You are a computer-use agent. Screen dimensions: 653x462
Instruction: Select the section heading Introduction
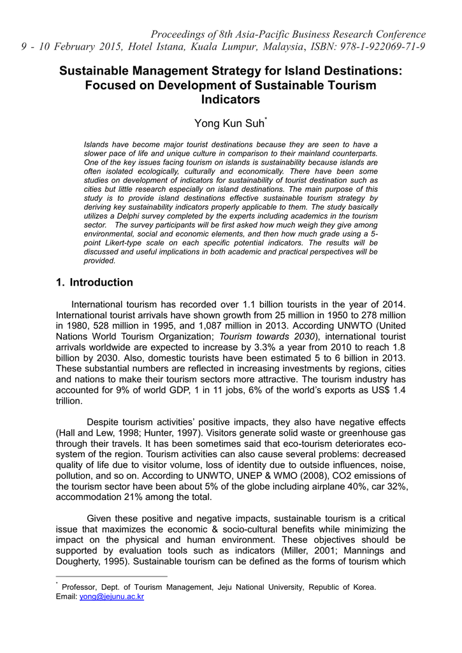point(101,282)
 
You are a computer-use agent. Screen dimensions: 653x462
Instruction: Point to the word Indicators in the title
point(231,99)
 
